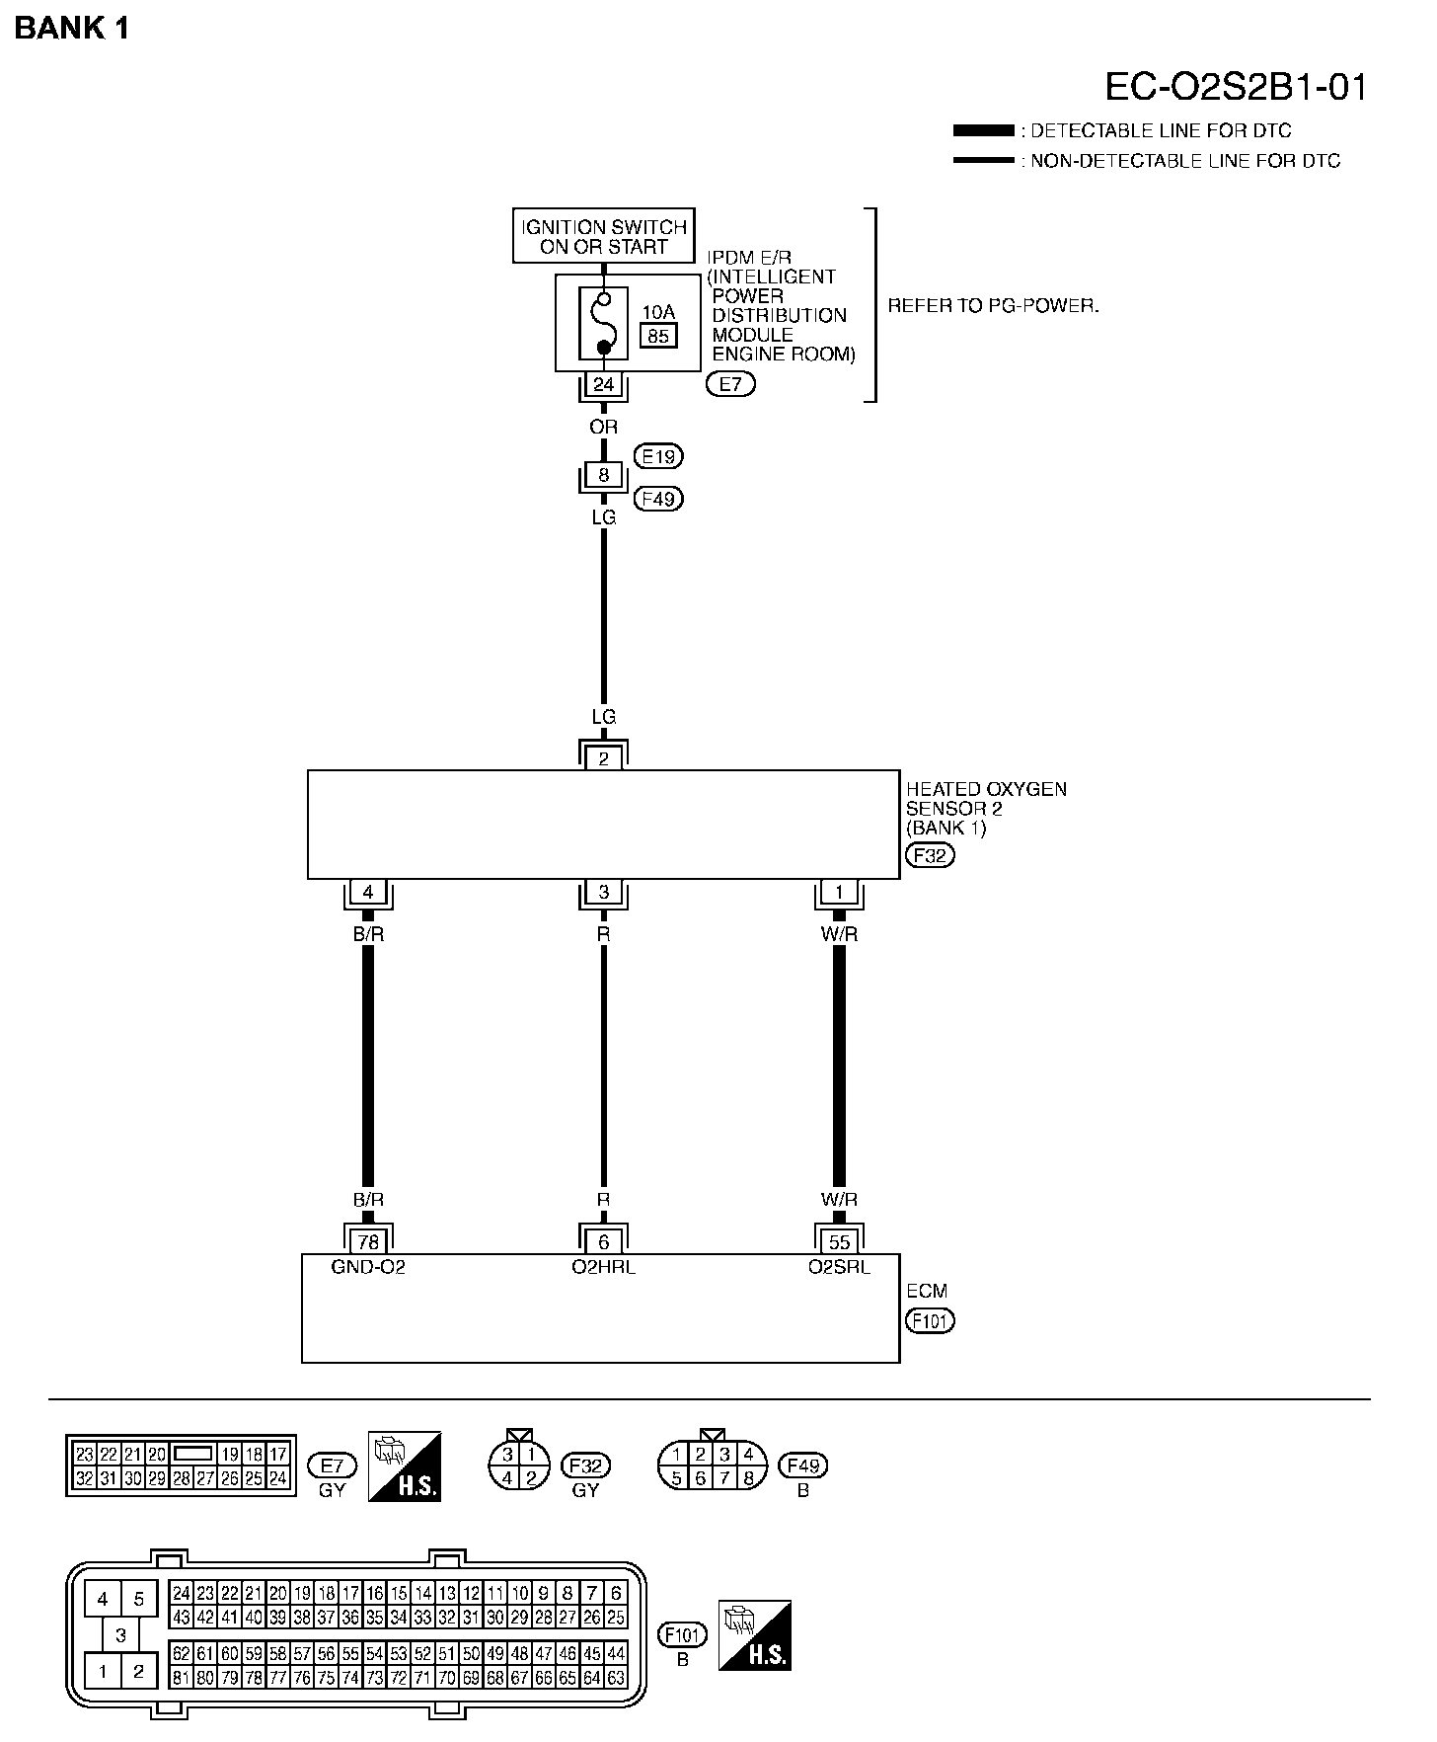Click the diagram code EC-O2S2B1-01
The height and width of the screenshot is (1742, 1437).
tap(1236, 87)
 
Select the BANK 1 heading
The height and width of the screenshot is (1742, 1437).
tap(72, 29)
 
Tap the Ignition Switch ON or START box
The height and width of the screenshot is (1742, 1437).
tap(603, 236)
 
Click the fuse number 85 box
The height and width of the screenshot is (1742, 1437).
tap(658, 336)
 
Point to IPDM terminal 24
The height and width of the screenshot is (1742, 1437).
tap(603, 384)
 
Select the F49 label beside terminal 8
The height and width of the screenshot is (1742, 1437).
tap(658, 499)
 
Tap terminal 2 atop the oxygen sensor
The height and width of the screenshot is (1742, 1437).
tap(603, 758)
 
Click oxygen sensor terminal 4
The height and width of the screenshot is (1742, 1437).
tap(368, 893)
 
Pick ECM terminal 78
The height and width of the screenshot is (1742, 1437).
tap(368, 1242)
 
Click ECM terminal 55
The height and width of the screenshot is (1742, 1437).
tap(839, 1242)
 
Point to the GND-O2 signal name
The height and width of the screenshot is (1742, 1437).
tap(368, 1267)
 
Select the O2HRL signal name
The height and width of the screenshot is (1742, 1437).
tap(603, 1267)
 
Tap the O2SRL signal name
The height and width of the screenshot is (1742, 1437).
tap(839, 1267)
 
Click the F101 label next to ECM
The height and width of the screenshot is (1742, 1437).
tap(930, 1320)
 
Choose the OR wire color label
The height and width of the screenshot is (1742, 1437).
tap(603, 427)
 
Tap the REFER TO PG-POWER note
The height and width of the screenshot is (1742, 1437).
tap(993, 305)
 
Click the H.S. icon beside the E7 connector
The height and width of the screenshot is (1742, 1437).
tap(405, 1466)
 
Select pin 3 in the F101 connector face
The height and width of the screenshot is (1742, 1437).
tap(120, 1634)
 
